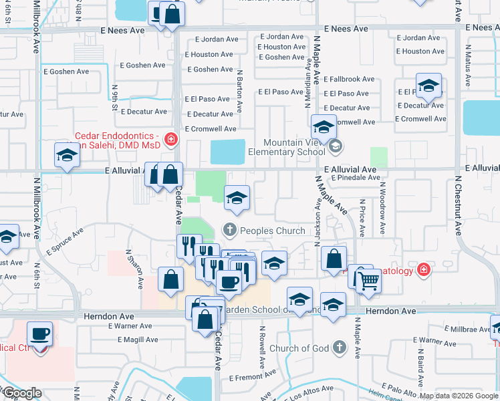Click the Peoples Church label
pos(272,231)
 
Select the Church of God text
pos(299,348)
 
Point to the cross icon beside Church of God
pos(340,348)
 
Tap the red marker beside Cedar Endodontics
pos(172,139)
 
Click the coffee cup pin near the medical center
pos(39,333)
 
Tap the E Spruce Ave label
pos(64,243)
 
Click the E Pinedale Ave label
pos(354,178)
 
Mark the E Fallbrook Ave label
pos(349,80)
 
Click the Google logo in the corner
pos(21,393)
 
